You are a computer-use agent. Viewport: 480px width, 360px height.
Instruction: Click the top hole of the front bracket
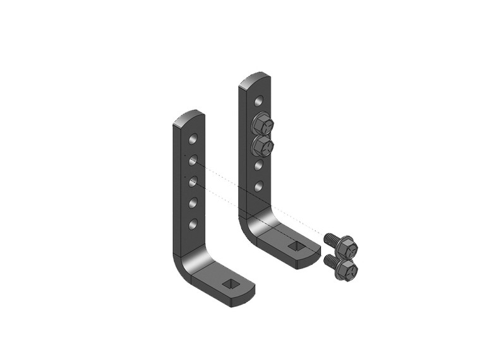pos(193,138)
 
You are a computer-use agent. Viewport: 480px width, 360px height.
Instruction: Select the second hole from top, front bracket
pos(193,159)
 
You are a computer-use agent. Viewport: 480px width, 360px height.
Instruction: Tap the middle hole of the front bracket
pos(193,181)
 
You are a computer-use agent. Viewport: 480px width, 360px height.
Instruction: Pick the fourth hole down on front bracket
pos(193,202)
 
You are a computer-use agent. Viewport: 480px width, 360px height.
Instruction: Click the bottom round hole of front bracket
pos(193,224)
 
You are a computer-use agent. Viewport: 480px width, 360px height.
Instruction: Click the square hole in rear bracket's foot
pos(296,245)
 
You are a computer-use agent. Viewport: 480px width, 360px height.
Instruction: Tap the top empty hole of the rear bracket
pos(259,100)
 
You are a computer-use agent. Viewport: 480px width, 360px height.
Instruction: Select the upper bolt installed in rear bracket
pos(261,124)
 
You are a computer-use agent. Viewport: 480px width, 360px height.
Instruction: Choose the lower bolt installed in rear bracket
pos(262,147)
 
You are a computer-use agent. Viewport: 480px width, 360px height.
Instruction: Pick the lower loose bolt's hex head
pos(347,270)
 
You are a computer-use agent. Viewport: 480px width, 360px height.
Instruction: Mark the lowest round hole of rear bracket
pos(259,186)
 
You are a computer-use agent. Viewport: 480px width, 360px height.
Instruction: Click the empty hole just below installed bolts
pos(259,165)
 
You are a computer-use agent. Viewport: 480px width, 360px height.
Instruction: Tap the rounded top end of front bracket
pos(189,117)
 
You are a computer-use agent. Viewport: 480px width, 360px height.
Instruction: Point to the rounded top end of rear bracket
pos(255,79)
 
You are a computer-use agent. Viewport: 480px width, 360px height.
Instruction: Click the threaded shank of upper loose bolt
pos(330,239)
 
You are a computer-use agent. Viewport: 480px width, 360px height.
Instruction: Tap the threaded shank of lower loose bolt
pos(330,261)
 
